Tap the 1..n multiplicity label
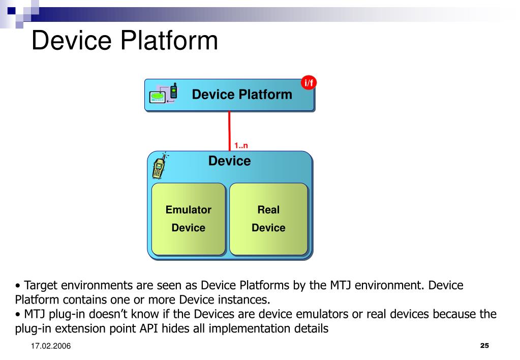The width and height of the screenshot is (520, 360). pos(241,146)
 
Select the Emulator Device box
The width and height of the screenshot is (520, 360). pos(189,219)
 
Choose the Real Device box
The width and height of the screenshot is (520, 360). pos(268,219)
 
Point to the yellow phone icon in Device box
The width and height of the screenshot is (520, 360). pos(159,166)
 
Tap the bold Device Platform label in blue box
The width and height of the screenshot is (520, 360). pos(242,95)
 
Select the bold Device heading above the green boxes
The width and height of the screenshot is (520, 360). pos(229,161)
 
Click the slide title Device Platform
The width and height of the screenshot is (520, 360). pos(125,41)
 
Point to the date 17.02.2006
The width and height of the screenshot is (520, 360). pos(50,346)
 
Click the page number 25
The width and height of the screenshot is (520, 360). pos(484,346)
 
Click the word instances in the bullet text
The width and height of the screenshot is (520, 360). pos(243,299)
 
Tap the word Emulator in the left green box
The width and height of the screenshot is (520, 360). pos(189,209)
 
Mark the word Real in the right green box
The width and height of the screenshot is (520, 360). pos(268,209)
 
